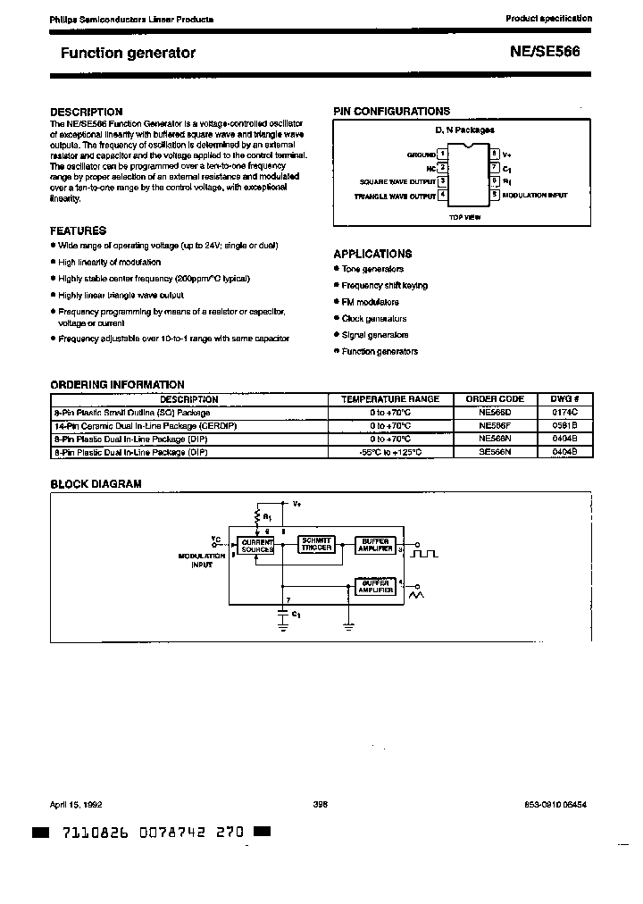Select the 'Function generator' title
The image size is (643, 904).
[x=128, y=53]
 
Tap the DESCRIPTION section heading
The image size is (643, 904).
[x=86, y=112]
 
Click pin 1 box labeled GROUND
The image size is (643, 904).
[x=442, y=155]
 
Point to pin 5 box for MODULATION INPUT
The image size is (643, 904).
[x=493, y=195]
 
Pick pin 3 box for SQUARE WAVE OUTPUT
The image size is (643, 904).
[x=442, y=181]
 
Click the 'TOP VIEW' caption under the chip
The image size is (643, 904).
[x=465, y=217]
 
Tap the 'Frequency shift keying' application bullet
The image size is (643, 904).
[x=384, y=286]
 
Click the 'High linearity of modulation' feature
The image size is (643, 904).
[x=109, y=263]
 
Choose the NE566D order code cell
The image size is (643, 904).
[x=495, y=413]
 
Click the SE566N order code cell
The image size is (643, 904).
[x=495, y=452]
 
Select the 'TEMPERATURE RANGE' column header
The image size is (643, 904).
[x=390, y=399]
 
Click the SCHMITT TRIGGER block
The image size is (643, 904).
[x=317, y=543]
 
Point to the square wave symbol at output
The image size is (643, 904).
[x=426, y=554]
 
